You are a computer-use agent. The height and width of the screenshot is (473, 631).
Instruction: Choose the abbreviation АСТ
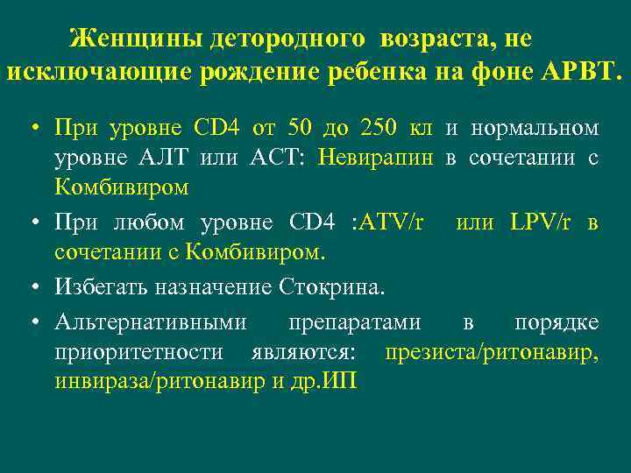coord(270,158)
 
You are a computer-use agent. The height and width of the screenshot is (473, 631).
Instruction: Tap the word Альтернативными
coord(151,321)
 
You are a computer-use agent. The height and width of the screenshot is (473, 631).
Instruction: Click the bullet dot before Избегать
coord(33,286)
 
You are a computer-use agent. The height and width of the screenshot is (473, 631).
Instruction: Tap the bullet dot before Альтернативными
coord(33,322)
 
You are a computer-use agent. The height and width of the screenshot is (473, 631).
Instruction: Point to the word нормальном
coord(535,128)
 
